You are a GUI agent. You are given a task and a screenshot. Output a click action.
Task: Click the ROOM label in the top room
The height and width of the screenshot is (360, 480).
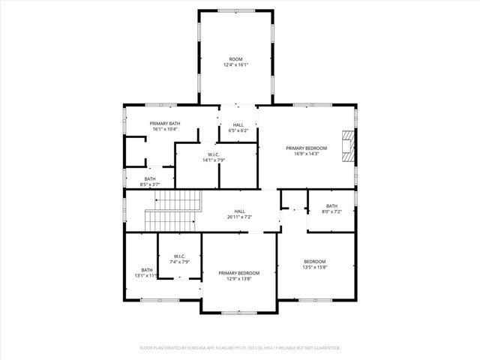tap(236, 58)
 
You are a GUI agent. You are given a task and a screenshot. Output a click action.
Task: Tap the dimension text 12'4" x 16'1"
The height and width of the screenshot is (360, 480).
tap(236, 65)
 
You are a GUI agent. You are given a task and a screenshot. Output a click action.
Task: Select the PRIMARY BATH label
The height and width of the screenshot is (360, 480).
tap(164, 123)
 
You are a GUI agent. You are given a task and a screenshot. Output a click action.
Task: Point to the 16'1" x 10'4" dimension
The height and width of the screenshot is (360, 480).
tap(164, 130)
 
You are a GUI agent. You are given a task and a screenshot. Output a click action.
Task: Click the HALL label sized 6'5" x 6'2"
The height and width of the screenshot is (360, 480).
tap(238, 124)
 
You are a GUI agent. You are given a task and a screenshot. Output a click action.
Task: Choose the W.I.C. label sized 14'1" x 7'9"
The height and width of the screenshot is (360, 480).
tap(213, 154)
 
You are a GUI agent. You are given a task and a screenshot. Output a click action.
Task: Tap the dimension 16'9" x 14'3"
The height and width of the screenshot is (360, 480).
tap(306, 154)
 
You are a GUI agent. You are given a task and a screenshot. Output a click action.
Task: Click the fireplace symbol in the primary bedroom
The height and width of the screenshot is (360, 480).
tap(346, 145)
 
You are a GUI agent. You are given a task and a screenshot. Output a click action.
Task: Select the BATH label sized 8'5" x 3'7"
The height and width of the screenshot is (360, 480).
tap(150, 178)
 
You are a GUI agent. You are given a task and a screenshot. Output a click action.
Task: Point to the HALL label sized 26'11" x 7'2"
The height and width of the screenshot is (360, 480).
tap(240, 211)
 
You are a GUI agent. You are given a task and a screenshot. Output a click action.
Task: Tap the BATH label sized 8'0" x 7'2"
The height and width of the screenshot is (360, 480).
tap(331, 205)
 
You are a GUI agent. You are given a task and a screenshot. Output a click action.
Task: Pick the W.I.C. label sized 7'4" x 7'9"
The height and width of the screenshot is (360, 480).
tap(179, 256)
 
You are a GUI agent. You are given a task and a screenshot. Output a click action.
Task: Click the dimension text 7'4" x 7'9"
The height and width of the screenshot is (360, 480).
tap(179, 262)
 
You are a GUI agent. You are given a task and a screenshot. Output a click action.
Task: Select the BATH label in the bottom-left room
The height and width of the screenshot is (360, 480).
tap(147, 269)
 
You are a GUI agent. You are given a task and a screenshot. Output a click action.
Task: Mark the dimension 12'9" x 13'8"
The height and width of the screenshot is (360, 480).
tap(239, 279)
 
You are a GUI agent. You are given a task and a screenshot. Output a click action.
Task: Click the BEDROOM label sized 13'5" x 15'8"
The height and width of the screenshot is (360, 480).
tap(315, 261)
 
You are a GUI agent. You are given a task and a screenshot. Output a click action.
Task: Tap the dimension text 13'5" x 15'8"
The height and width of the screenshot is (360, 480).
tap(315, 268)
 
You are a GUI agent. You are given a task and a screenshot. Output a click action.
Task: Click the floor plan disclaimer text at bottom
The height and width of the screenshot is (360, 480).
tap(240, 348)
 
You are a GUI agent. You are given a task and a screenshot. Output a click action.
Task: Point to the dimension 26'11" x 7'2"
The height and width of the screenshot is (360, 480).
tap(240, 217)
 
